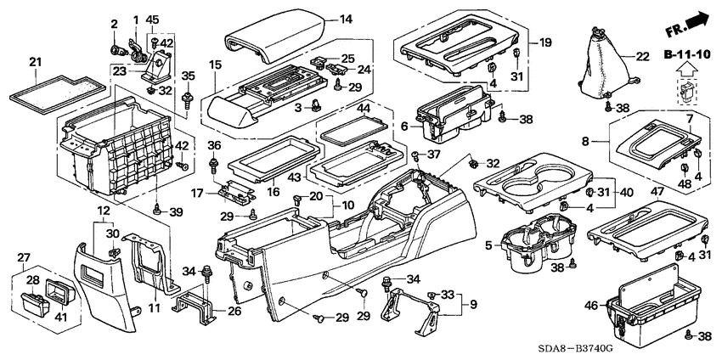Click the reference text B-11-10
pos(685,55)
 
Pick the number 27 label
pos(24,256)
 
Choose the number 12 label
pos(103,210)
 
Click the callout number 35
pos(188,76)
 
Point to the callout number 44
pos(386,109)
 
